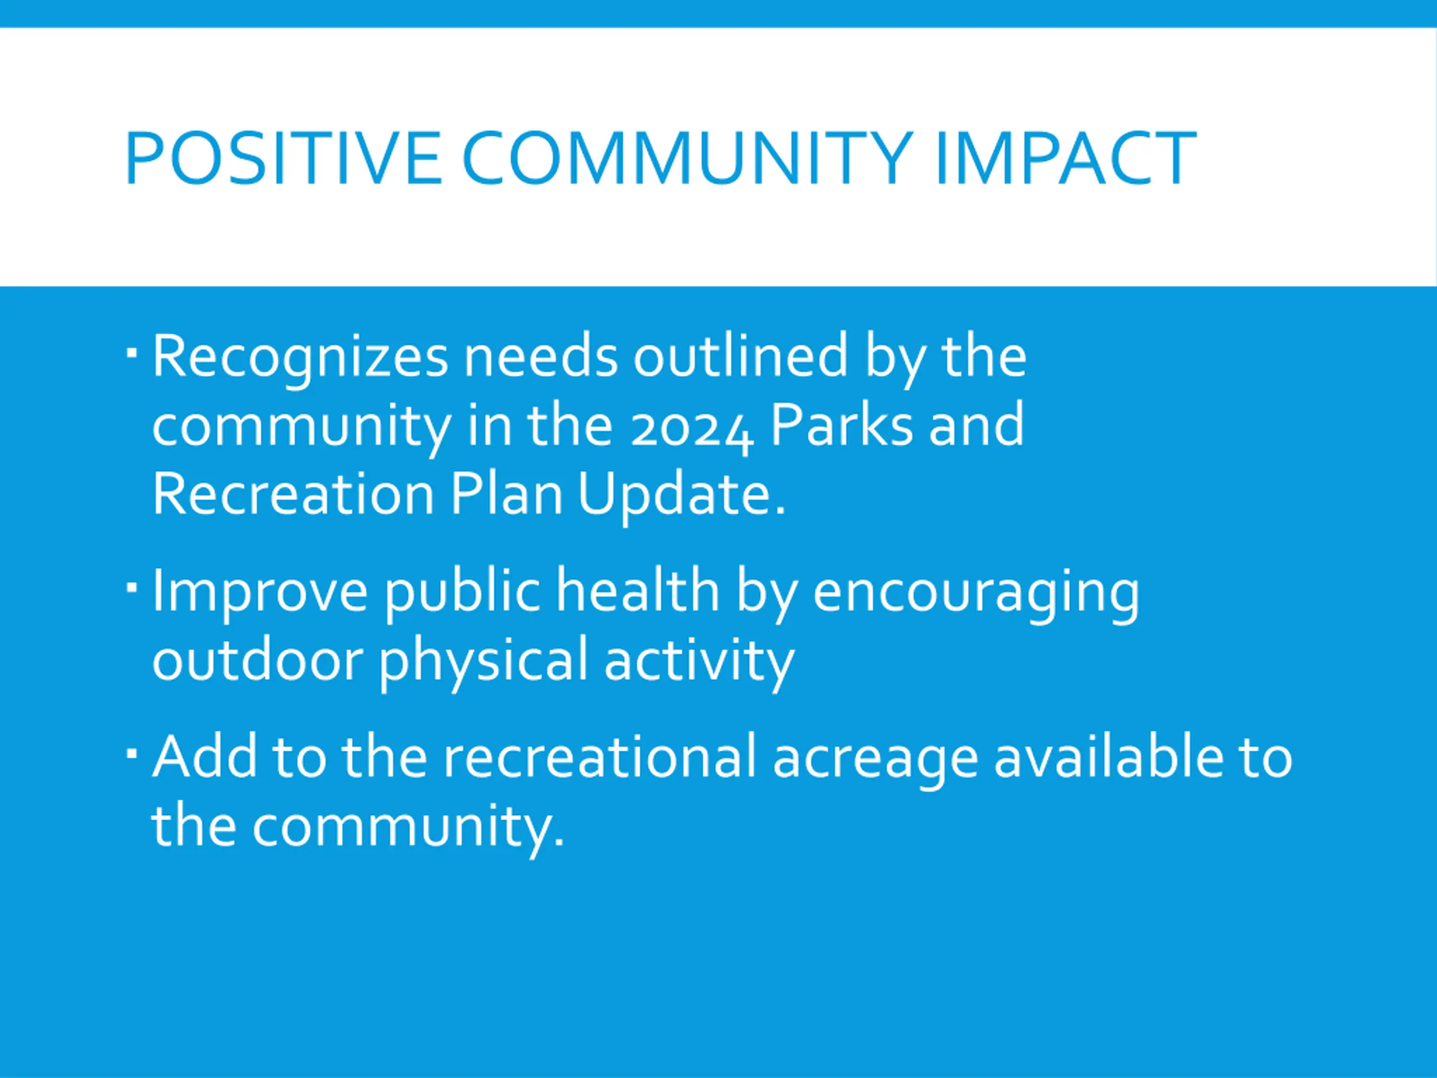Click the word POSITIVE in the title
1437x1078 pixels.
(284, 158)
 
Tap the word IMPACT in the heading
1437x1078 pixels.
(1066, 158)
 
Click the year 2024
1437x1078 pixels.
(692, 429)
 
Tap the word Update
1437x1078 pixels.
(682, 497)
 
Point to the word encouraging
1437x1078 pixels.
(976, 594)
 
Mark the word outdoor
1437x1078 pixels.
(257, 659)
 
